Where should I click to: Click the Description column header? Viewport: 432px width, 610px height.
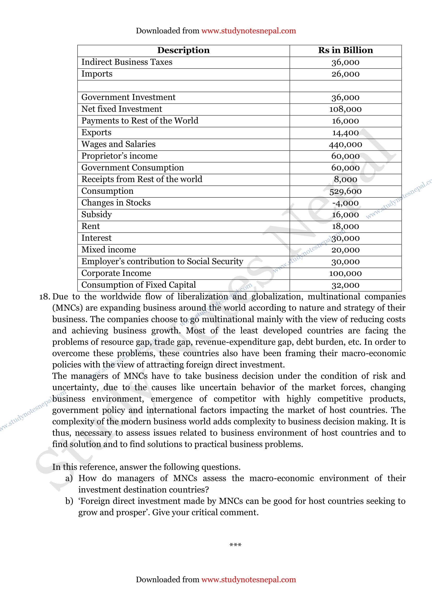(x=183, y=50)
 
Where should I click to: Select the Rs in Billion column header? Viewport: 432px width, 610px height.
(x=345, y=50)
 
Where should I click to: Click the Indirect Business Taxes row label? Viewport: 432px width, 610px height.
(x=127, y=62)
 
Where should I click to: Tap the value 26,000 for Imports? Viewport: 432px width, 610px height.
(x=345, y=74)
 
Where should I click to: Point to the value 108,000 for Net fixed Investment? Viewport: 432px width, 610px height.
(x=345, y=109)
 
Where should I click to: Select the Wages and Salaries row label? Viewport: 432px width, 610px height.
(x=118, y=144)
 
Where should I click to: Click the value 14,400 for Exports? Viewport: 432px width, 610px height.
(x=345, y=132)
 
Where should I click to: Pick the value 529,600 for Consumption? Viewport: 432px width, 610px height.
(x=345, y=191)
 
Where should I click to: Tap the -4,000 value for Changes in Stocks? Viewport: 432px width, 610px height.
(x=345, y=203)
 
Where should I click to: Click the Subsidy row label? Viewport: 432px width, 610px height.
(x=97, y=214)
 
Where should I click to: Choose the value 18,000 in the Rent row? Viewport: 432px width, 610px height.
(x=345, y=226)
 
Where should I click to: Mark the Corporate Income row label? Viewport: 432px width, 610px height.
(x=116, y=273)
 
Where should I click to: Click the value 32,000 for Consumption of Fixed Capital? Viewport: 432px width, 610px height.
(x=345, y=285)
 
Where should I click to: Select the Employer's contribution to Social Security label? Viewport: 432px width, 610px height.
(x=162, y=261)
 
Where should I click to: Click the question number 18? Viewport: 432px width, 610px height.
(x=44, y=297)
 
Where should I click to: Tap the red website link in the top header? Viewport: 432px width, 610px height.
(x=248, y=31)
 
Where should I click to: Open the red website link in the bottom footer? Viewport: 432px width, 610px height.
(x=248, y=579)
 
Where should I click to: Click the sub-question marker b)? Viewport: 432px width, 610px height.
(x=69, y=501)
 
